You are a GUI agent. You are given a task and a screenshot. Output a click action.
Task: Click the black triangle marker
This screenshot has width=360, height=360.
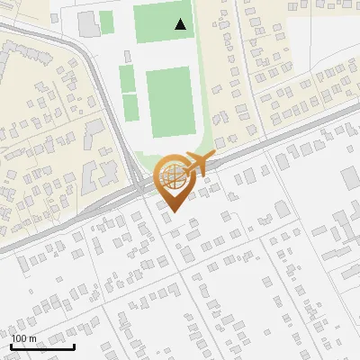(x=181, y=24)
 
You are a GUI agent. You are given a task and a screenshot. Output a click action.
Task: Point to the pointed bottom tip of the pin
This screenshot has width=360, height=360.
(x=172, y=212)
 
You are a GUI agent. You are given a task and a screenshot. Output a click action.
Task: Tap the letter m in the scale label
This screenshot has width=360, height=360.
(x=33, y=338)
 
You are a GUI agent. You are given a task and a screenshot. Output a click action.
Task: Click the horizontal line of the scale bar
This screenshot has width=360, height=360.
(x=42, y=346)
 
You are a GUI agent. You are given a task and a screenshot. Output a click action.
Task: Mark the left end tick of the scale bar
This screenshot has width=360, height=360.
(x=11, y=345)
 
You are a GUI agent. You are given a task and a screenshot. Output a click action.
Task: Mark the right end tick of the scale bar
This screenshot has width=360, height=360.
(x=74, y=345)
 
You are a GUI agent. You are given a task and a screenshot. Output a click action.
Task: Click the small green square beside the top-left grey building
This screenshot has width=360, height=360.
(x=107, y=22)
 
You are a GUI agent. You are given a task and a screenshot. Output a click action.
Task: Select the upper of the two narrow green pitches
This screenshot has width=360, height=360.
(x=127, y=79)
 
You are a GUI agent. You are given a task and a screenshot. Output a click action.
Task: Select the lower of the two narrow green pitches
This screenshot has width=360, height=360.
(x=130, y=107)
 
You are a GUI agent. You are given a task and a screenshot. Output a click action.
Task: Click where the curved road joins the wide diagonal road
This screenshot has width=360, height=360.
(x=135, y=181)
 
